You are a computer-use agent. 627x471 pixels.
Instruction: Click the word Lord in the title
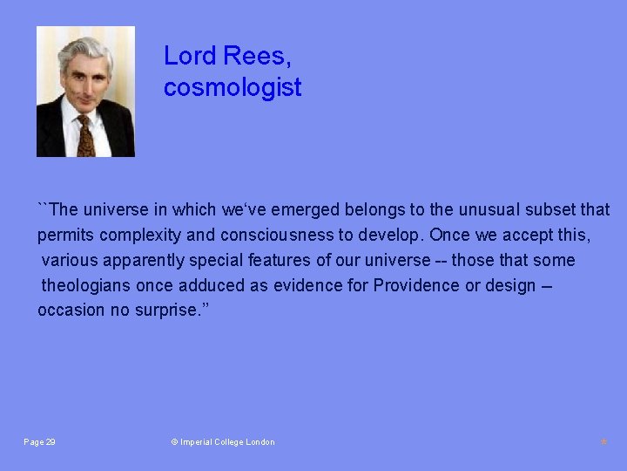(x=190, y=57)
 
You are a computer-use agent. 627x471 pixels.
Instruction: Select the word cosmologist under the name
(x=233, y=87)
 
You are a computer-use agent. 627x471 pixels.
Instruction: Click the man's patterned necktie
(x=85, y=136)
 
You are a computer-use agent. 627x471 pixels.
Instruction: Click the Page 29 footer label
(x=40, y=442)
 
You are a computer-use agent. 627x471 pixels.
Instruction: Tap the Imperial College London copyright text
(x=223, y=442)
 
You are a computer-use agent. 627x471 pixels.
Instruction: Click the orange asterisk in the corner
(x=603, y=443)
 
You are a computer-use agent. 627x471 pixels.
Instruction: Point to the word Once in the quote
(x=449, y=235)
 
